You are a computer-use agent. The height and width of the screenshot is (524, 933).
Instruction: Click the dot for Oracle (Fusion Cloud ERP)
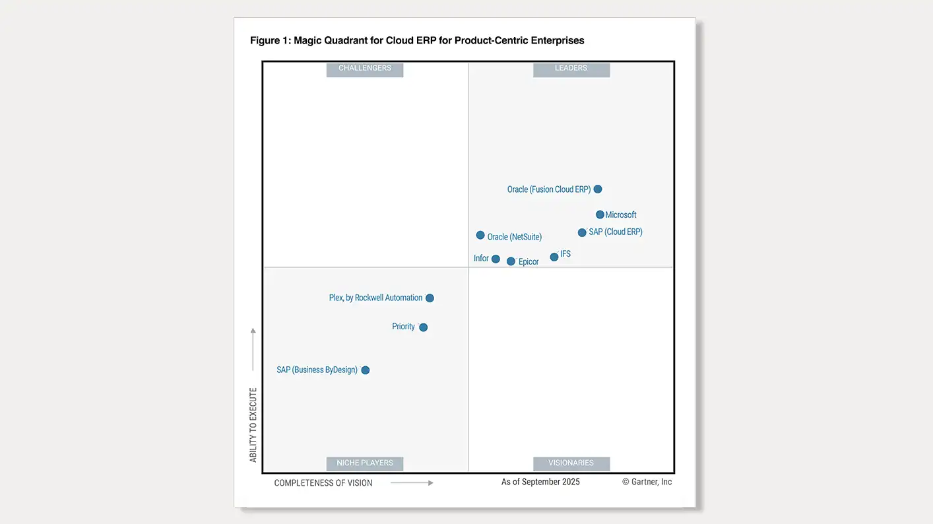[x=598, y=189]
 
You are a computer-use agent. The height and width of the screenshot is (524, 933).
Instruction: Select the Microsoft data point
[x=600, y=214]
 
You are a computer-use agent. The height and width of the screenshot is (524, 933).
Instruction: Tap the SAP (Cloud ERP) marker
[x=582, y=232]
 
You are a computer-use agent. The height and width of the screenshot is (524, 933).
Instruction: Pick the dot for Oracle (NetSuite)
[x=480, y=235]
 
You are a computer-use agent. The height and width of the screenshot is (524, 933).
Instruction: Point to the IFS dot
[x=554, y=257]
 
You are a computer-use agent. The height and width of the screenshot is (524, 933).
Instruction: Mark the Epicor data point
[x=511, y=261]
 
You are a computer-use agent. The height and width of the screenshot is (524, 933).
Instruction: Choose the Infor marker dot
[x=496, y=259]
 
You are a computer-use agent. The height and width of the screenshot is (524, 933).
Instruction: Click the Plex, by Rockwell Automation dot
[x=430, y=298]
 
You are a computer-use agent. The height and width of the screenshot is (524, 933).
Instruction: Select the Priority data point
[x=424, y=327]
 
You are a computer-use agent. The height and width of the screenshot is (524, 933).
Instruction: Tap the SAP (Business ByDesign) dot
[x=366, y=370]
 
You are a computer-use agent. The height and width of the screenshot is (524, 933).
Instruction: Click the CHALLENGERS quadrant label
[x=365, y=69]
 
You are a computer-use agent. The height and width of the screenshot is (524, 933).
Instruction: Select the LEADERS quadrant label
[x=571, y=69]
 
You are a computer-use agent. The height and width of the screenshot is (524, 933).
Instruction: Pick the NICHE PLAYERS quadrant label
[x=365, y=463]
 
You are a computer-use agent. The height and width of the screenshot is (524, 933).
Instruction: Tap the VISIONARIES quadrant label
[x=571, y=463]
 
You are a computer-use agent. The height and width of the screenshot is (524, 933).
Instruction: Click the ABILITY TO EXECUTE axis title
[x=253, y=425]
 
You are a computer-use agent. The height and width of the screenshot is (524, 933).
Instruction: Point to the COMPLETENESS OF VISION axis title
[x=323, y=483]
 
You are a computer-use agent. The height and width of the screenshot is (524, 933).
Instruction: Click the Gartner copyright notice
[x=647, y=482]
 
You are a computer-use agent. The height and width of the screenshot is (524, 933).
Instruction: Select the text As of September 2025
[x=540, y=482]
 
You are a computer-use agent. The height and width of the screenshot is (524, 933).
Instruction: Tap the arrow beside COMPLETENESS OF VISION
[x=412, y=483]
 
